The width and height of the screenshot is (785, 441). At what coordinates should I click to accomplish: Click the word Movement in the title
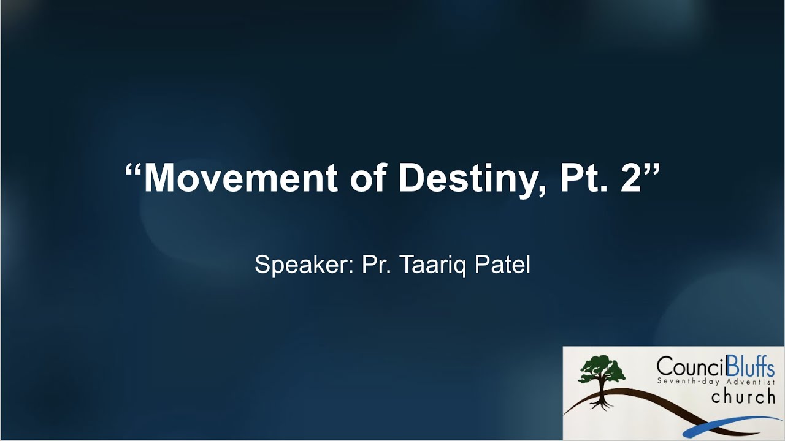tap(240, 178)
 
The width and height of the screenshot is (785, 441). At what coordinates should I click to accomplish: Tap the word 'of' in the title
tap(368, 178)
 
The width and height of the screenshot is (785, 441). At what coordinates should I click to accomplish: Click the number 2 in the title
tap(630, 178)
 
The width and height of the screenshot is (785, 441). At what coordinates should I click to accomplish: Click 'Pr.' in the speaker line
tap(377, 265)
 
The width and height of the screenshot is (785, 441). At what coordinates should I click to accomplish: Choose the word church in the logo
tap(743, 397)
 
